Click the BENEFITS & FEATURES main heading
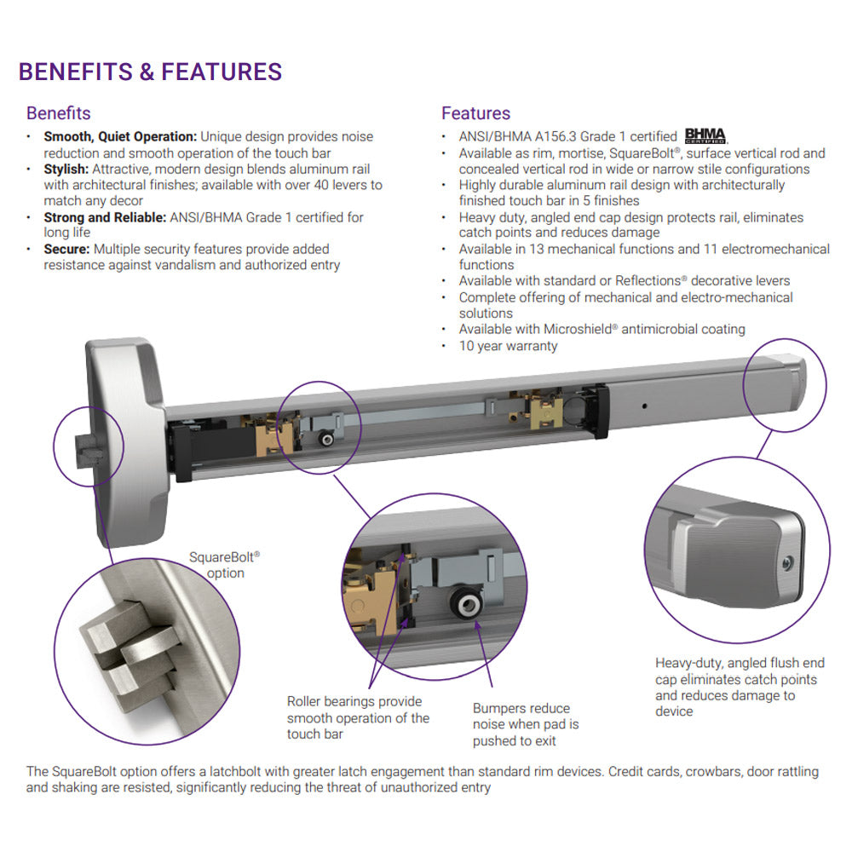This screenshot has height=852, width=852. point(150,72)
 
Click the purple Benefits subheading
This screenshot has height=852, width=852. point(58,113)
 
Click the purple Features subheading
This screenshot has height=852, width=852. point(475,113)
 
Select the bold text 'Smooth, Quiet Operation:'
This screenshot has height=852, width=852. point(120,136)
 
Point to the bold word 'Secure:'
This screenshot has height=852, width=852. point(67,249)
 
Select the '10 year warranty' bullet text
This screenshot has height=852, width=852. point(508,346)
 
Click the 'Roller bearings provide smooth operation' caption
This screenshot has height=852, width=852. point(358,717)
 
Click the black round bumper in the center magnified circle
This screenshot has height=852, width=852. point(467,606)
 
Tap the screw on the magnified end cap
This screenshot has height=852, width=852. point(788,561)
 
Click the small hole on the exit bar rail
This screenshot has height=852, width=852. point(646,406)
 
